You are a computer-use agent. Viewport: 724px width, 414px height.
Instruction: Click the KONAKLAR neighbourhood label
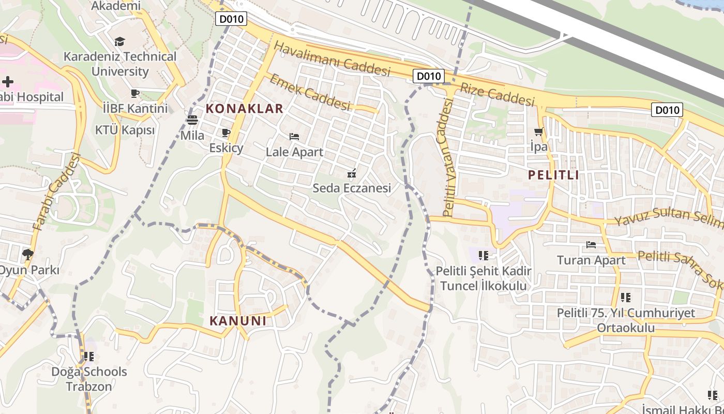coord(245,109)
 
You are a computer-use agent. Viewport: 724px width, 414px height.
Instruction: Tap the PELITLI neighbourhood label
coord(553,175)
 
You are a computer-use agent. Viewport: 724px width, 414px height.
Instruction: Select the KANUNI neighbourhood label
coord(238,321)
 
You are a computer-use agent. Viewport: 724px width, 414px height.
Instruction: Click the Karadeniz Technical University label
coord(120,64)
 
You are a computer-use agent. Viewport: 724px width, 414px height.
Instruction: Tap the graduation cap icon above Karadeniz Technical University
coord(120,41)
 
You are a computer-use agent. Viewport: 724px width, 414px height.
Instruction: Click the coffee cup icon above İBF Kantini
coord(135,94)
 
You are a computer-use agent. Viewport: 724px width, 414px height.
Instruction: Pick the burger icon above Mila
coord(192,121)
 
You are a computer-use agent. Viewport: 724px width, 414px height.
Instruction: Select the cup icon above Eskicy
coord(225,133)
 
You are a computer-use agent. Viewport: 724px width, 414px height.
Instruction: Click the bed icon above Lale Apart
coord(294,137)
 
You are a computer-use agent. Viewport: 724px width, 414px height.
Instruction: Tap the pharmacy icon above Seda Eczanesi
coord(352,173)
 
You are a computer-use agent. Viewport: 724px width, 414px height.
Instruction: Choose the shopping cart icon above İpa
coord(538,132)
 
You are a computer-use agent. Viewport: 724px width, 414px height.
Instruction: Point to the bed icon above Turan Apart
coord(591,244)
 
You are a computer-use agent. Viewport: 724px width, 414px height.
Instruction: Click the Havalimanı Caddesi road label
coord(331,59)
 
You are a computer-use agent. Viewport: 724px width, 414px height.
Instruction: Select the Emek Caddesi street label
coord(310,92)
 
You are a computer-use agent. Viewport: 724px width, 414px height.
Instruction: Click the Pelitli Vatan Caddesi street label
coord(448,158)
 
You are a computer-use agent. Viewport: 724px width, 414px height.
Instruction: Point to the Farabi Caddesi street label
coord(57,192)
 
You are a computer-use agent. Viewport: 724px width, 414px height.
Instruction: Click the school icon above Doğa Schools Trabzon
coord(89,357)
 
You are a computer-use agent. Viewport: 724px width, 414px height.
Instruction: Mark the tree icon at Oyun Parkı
coord(27,254)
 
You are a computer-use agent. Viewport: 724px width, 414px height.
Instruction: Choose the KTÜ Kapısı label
coord(125,130)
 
